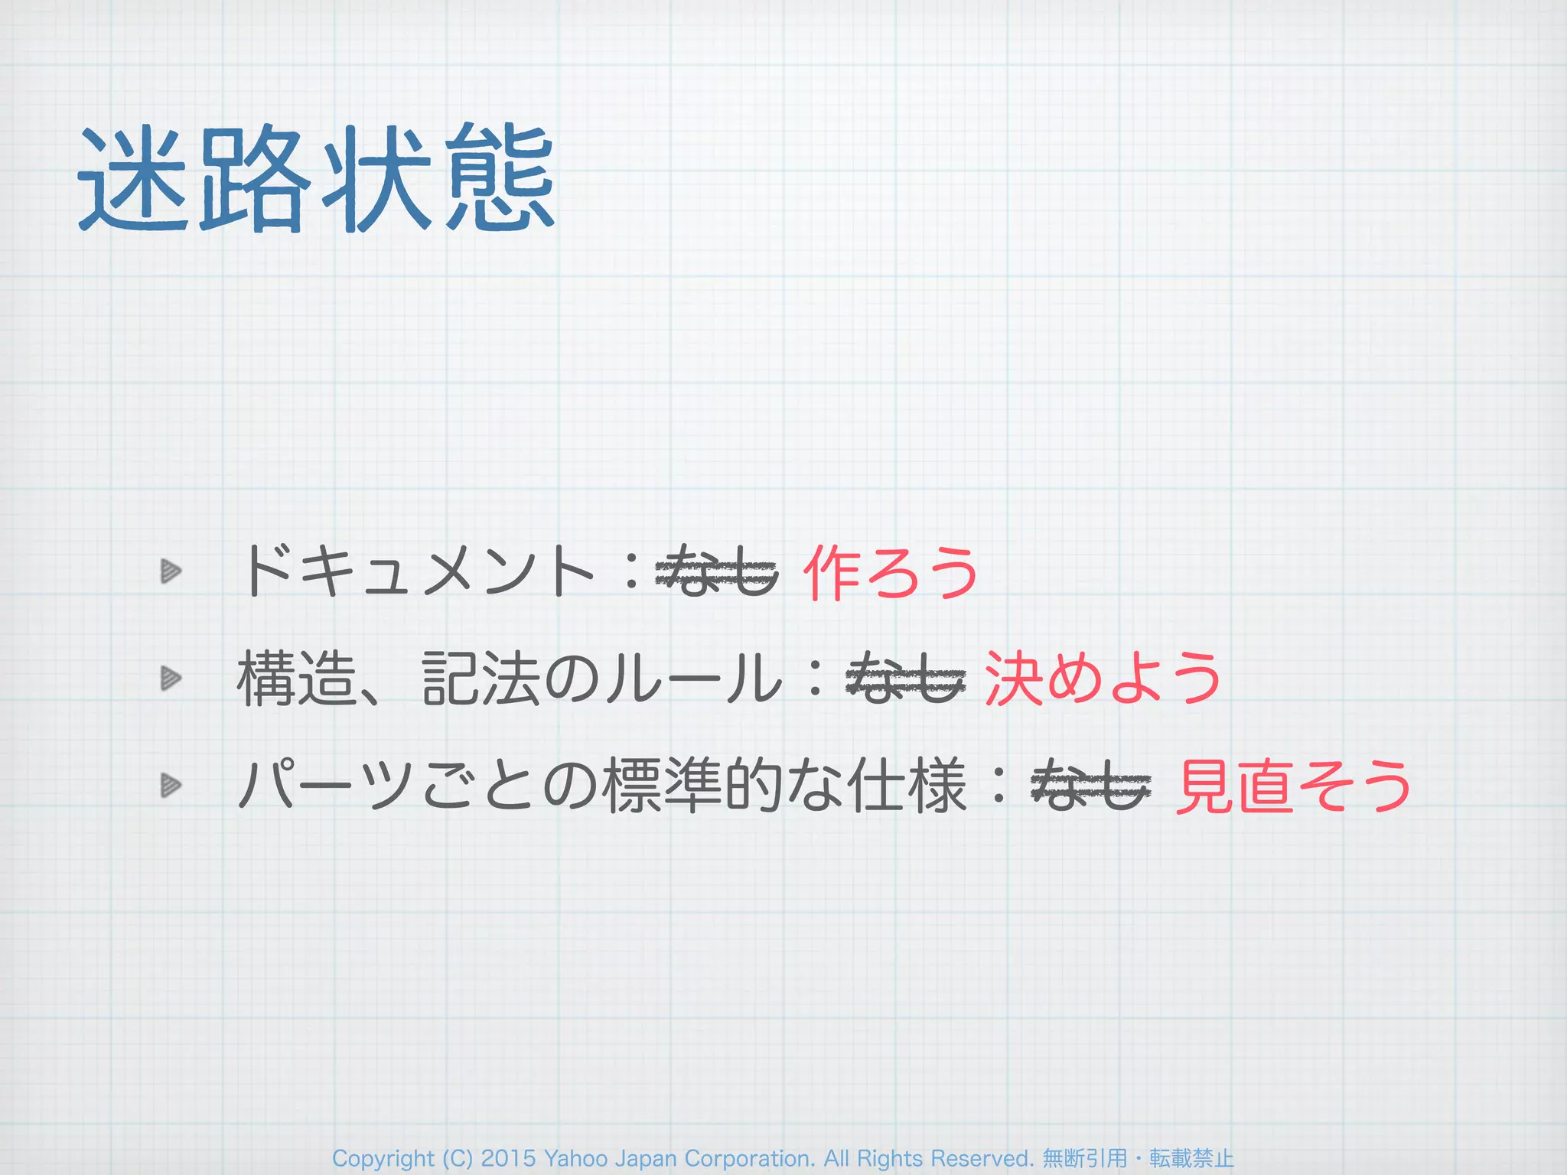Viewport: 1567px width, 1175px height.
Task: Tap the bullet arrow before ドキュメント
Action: pyautogui.click(x=171, y=571)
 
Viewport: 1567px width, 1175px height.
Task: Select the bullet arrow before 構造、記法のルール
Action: pyautogui.click(x=171, y=678)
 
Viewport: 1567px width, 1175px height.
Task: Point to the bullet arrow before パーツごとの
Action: pyautogui.click(x=171, y=785)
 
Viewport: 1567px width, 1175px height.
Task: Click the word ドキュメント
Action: pyautogui.click(x=417, y=571)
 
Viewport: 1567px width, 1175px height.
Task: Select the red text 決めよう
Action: pyautogui.click(x=1103, y=679)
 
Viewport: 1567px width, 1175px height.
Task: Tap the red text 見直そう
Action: pyautogui.click(x=1293, y=786)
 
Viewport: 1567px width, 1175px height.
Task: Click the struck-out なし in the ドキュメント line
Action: pyautogui.click(x=718, y=571)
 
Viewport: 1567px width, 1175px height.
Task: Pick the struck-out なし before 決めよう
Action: pyautogui.click(x=905, y=679)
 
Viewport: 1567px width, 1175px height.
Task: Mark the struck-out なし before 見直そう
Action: pyautogui.click(x=1091, y=786)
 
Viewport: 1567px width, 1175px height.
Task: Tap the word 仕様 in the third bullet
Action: pyautogui.click(x=908, y=786)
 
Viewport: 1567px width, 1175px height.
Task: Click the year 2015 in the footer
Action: pyautogui.click(x=508, y=1159)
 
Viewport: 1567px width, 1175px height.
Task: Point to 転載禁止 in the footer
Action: pyautogui.click(x=1191, y=1159)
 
